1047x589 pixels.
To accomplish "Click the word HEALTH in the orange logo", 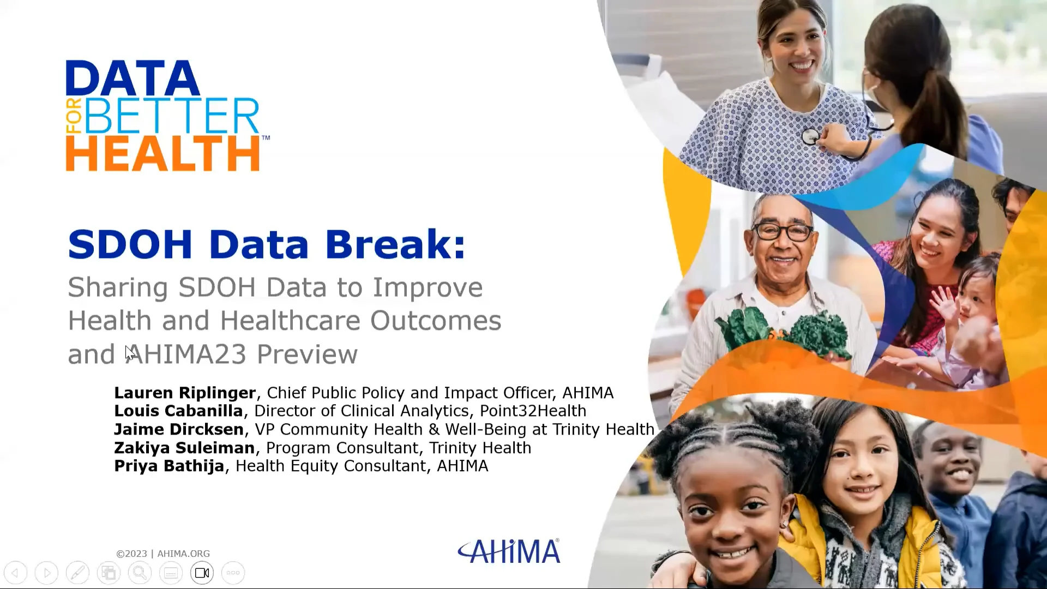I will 163,154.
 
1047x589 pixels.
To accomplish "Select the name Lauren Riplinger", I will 185,393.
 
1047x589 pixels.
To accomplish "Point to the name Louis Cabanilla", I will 178,411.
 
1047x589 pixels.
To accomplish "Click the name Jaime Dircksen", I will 179,429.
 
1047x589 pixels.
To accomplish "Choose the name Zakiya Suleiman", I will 184,448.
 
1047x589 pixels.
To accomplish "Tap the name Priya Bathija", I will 169,466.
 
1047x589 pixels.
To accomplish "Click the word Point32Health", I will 533,411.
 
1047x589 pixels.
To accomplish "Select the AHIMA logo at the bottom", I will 509,551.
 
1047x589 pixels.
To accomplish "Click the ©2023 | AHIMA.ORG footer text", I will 163,554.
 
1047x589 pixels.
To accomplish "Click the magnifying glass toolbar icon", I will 140,573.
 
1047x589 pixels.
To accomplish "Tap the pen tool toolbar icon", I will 77,573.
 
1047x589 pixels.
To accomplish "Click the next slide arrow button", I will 47,573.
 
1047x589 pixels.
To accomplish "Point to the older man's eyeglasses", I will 783,232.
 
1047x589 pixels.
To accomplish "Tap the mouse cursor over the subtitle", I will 129,352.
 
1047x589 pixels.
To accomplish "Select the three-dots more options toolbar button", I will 233,573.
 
